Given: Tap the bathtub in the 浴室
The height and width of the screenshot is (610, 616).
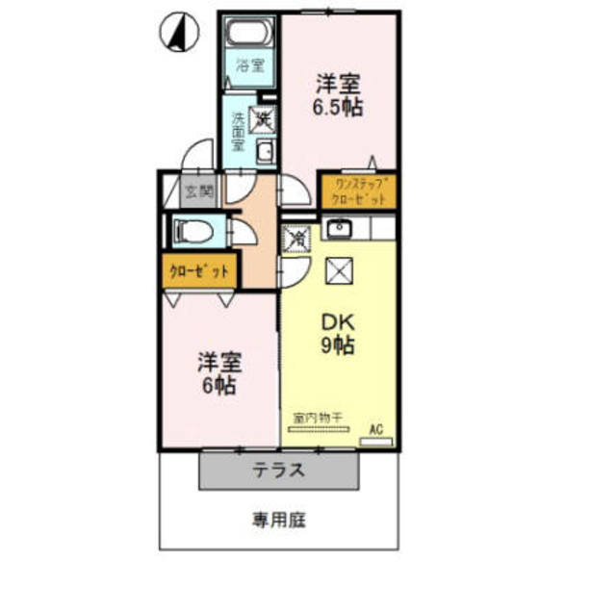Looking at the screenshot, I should coord(249,34).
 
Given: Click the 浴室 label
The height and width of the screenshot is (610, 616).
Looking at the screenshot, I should coord(250,68).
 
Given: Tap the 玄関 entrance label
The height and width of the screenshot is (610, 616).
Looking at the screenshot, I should coord(200,191).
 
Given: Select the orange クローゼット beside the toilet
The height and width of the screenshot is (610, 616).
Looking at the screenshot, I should coord(199,271).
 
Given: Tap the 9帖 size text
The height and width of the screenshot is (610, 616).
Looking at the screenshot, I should coord(337,346).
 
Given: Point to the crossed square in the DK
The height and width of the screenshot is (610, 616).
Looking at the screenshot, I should coord(338,273).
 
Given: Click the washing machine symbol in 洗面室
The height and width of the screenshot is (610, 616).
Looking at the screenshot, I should coord(262,120).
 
